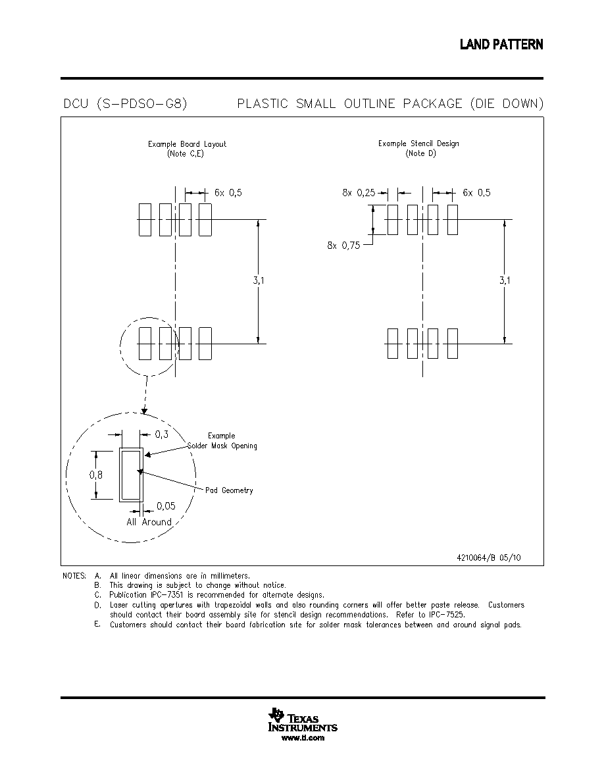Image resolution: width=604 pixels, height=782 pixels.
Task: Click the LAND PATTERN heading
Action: [x=501, y=44]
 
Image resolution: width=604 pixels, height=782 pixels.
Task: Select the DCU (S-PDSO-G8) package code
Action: [x=125, y=104]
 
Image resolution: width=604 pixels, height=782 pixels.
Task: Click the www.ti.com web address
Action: [x=303, y=738]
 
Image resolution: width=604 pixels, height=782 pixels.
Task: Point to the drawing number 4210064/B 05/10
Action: [x=488, y=558]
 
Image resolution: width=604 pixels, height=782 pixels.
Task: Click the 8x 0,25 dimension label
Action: [x=359, y=193]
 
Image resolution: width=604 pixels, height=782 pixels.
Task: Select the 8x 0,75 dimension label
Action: [x=343, y=246]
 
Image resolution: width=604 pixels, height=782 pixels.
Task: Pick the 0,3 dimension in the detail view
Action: [x=161, y=434]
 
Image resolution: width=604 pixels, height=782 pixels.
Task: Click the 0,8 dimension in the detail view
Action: [x=96, y=475]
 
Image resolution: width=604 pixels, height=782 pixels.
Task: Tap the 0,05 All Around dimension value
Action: [x=166, y=506]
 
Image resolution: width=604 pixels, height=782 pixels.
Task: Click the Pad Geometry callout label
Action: [x=229, y=491]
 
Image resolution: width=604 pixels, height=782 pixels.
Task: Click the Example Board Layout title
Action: [x=187, y=144]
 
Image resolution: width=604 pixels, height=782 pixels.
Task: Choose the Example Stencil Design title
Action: [x=418, y=143]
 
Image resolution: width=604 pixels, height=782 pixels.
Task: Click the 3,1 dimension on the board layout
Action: [x=259, y=280]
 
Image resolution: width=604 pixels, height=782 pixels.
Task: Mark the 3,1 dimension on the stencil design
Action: [x=505, y=280]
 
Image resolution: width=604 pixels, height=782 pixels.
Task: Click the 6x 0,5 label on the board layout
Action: [x=228, y=193]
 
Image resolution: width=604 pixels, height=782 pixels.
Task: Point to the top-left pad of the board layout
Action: [x=145, y=219]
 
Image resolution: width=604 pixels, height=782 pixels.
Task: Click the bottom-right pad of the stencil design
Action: [x=453, y=343]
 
